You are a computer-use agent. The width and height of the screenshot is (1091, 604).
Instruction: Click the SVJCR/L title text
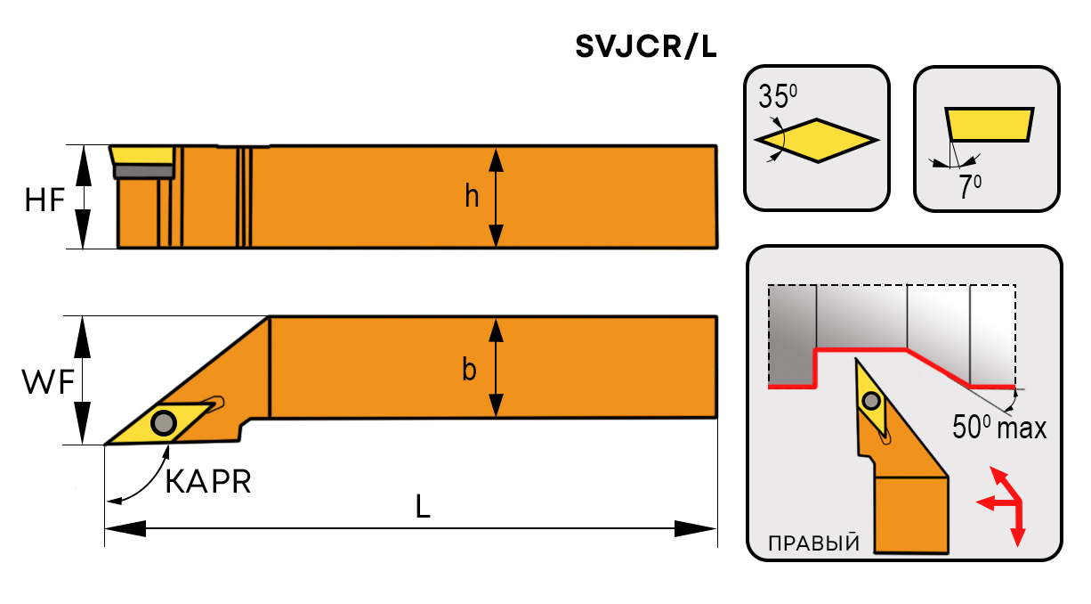coord(645,47)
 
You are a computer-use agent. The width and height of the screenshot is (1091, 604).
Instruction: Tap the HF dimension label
coord(44,200)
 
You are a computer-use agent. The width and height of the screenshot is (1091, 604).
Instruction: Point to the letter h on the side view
coord(471,197)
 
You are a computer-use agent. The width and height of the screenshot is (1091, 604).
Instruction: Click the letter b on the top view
coord(469,369)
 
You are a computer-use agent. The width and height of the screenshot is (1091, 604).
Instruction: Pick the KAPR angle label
coord(208,482)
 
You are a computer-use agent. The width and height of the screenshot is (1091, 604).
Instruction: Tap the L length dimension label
coord(423,507)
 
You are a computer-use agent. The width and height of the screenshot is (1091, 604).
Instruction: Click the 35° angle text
coord(777,96)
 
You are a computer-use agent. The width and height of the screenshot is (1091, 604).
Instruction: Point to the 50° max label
coord(998,428)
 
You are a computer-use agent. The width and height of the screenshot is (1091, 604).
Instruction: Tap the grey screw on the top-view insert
coord(164,422)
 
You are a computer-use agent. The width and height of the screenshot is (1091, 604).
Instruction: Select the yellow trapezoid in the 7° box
coord(989,125)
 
